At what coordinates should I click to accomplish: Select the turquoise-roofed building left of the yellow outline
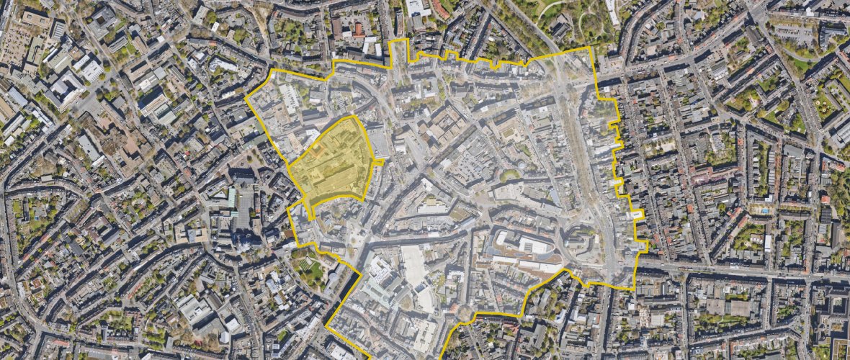(232, 196)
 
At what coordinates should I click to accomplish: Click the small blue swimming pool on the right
(763, 210)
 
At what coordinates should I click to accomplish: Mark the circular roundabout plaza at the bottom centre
(465, 315)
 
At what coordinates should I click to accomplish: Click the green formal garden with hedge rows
(310, 271)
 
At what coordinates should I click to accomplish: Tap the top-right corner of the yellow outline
(590, 48)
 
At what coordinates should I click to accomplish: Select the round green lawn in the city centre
(509, 175)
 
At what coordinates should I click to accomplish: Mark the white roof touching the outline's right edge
(637, 215)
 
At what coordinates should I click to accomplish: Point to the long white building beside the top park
(612, 12)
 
